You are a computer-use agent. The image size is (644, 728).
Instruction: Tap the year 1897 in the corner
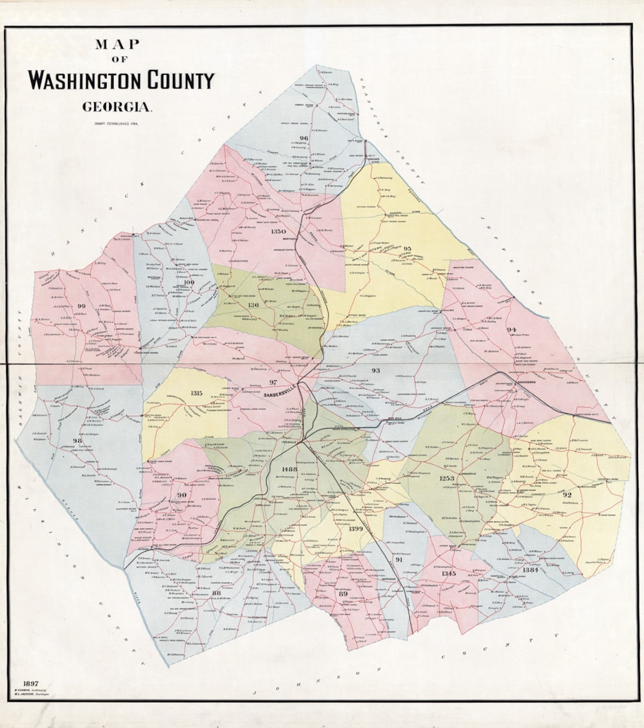(31, 684)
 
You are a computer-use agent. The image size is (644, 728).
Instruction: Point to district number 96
(304, 138)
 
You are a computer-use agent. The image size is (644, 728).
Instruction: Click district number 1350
(278, 232)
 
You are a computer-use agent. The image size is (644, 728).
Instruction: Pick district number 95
(407, 248)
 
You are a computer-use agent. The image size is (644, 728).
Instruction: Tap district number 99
(82, 306)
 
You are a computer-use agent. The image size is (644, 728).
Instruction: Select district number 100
(189, 282)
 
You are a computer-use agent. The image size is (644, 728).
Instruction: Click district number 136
(253, 305)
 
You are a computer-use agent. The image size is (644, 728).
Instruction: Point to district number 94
(512, 329)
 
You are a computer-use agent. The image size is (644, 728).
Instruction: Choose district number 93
(376, 371)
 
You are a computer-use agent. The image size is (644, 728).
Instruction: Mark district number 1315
(196, 393)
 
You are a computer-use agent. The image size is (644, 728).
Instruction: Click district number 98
(77, 440)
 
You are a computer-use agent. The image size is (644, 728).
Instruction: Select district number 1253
(447, 478)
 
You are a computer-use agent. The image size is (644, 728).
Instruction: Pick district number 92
(566, 495)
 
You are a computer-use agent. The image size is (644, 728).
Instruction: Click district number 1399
(355, 529)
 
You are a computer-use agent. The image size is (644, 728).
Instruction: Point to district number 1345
(448, 573)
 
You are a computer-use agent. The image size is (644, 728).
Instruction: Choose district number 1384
(530, 570)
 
